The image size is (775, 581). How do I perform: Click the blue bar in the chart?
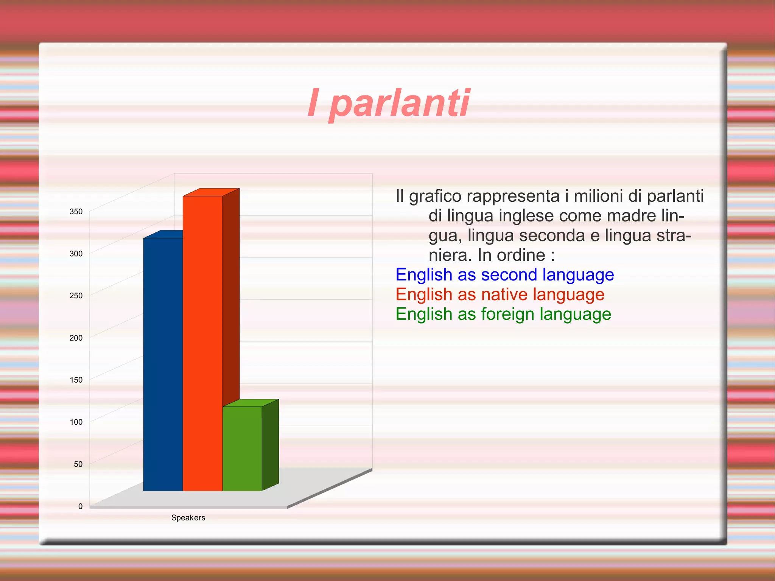coord(163,363)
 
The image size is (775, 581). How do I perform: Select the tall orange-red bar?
coord(202,341)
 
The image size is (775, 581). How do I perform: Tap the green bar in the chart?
coord(242,449)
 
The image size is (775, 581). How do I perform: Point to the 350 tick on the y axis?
coord(76,212)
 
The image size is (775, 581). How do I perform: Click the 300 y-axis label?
coord(76,254)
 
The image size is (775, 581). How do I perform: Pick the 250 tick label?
coord(76,296)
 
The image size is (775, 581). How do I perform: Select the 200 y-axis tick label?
coord(76,338)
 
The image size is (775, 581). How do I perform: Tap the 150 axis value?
coord(76,380)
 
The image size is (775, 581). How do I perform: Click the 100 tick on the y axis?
coord(76,422)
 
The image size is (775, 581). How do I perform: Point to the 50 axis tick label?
coord(78,464)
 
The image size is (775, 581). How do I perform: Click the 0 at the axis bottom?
coord(80,506)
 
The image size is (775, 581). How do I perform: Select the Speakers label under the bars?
coord(188,517)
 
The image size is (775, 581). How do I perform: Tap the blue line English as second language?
coord(504,275)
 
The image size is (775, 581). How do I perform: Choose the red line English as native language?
coord(500,294)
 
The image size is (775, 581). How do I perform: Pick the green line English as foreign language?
coord(503,314)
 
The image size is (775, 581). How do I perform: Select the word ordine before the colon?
coord(521,255)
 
